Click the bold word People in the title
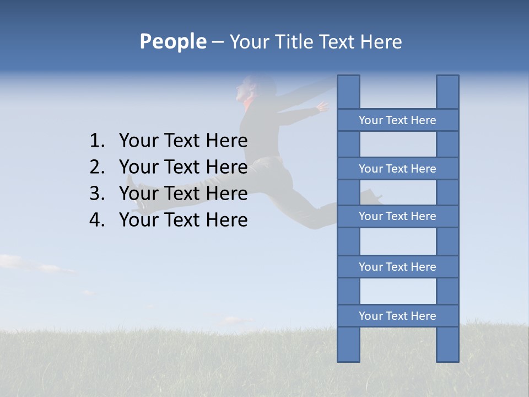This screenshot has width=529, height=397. pos(172,41)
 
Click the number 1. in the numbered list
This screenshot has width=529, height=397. pos(96,141)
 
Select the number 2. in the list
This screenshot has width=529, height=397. pos(96,167)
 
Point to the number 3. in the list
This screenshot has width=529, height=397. pos(96,194)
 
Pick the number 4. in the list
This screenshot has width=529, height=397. pos(96,220)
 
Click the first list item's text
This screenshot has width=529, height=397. pos(183,141)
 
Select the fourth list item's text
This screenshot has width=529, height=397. pos(183,220)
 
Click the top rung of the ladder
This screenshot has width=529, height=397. pos(397,120)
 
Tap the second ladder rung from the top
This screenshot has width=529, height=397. pos(397,169)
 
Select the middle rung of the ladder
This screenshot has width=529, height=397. pos(397,216)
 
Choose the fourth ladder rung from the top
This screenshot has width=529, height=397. pos(397,267)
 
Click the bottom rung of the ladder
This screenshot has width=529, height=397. pos(397,316)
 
